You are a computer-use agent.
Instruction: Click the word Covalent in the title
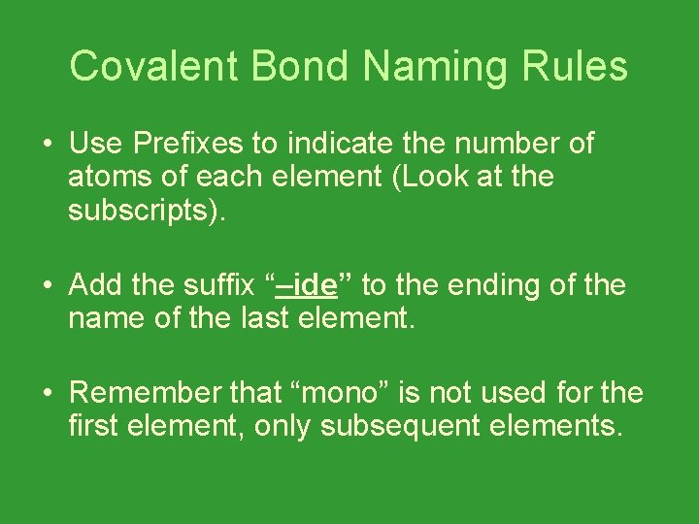[x=154, y=67]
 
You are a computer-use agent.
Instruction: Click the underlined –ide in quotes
[x=306, y=285]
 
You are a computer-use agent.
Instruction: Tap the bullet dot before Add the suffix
[x=46, y=286]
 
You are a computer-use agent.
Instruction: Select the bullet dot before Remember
[x=46, y=393]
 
